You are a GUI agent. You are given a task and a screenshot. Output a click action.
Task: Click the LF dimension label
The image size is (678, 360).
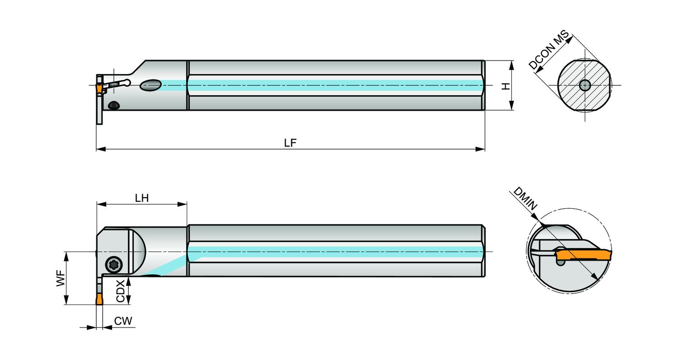(290, 143)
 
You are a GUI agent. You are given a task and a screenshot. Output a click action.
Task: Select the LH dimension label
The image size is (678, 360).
(141, 199)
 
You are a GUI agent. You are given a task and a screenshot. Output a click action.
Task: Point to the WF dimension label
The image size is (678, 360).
(60, 278)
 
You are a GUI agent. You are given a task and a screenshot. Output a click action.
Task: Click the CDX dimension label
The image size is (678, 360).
(120, 291)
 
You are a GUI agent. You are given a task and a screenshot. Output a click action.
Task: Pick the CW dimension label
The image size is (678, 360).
(123, 321)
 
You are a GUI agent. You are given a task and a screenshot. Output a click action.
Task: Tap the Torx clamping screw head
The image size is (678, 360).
(112, 265)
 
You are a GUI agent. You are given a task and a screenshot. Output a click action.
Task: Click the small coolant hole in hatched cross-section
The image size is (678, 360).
(584, 85)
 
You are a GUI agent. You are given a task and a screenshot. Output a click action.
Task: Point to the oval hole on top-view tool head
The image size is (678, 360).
(151, 85)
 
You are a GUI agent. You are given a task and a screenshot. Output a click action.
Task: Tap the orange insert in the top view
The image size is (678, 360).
(99, 90)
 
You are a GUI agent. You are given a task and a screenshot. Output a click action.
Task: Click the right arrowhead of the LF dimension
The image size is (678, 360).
(481, 149)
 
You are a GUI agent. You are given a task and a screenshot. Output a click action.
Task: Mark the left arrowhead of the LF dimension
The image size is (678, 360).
(100, 149)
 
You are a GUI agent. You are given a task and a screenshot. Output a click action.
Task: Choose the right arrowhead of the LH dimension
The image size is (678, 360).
(184, 205)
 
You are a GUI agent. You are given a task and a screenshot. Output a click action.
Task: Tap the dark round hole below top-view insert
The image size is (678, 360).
(113, 105)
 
